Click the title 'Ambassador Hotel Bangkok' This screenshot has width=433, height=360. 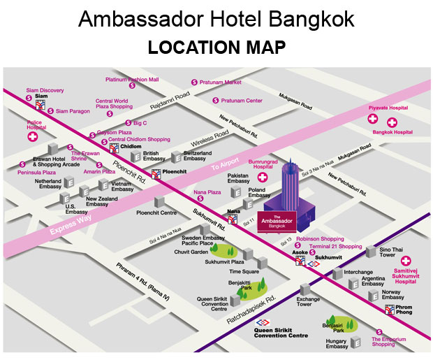216,19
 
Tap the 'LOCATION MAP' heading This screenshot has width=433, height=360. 216,48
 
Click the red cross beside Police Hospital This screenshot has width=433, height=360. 32,138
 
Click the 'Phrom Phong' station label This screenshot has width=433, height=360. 409,310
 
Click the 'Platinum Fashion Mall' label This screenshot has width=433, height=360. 132,80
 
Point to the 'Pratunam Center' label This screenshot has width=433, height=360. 242,101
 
